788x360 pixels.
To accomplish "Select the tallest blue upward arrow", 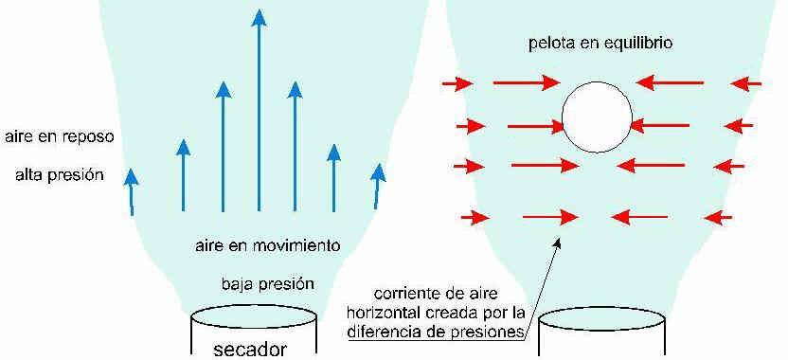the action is (x=259, y=110).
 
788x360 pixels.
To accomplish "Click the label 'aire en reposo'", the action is (x=61, y=136).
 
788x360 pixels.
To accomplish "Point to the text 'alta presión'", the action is (x=60, y=175).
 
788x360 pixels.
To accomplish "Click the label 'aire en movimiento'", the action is (x=268, y=246).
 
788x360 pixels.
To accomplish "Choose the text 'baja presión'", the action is (x=268, y=284).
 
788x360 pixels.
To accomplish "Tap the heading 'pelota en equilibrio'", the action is (x=600, y=44).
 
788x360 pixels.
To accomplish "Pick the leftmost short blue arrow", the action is (x=131, y=192).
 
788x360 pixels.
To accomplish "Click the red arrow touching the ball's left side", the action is (x=537, y=126).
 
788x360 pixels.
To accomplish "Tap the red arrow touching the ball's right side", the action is (x=659, y=125).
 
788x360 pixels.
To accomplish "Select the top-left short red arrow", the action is (x=457, y=83).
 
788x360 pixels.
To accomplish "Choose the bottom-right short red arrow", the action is (x=719, y=218).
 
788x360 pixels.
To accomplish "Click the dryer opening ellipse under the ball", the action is (x=602, y=318).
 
